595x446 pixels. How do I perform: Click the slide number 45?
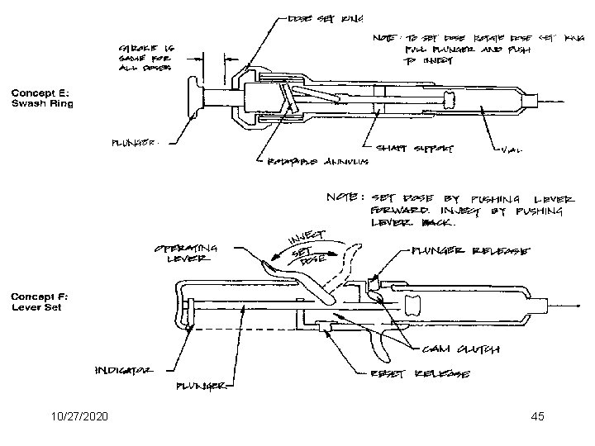(538, 415)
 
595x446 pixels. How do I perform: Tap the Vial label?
(516, 150)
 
